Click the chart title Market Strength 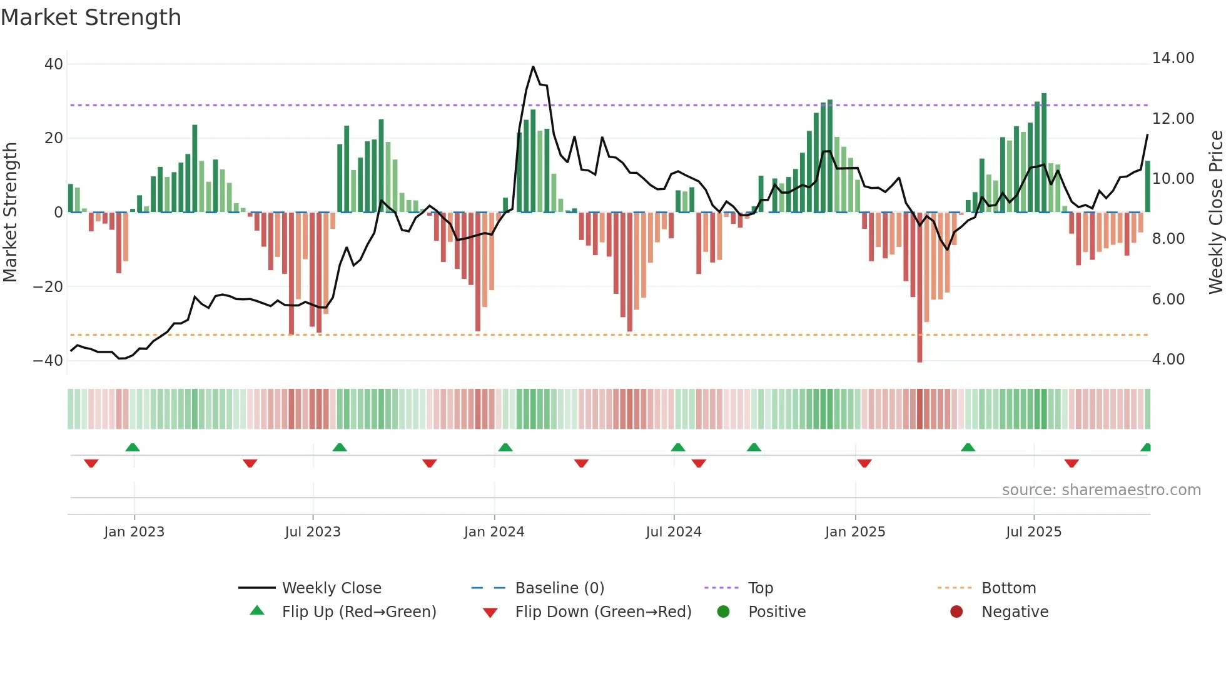click(91, 18)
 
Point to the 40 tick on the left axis click(54, 64)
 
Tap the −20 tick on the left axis click(48, 287)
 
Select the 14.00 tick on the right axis click(1173, 58)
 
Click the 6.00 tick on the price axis click(1168, 299)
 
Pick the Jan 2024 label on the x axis click(494, 532)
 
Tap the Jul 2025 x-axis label click(1033, 532)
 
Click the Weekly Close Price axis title click(1215, 213)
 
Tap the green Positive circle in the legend click(723, 612)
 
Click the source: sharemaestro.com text click(1101, 490)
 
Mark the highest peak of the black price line click(533, 67)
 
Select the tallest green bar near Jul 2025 click(1043, 153)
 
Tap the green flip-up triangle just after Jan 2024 click(505, 448)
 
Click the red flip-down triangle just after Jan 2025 click(864, 463)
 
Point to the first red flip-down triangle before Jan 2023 click(91, 463)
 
